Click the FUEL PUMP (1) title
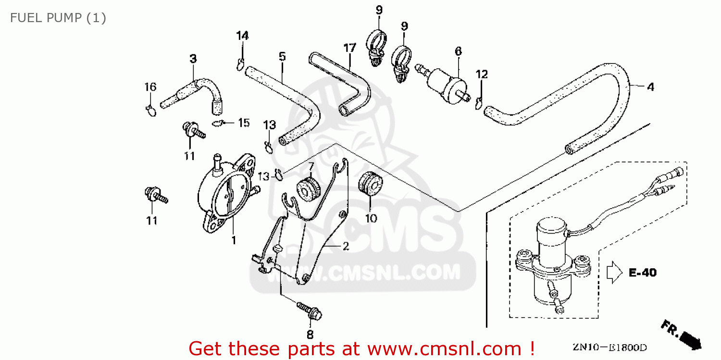coord(58,18)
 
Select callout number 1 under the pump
coord(234,240)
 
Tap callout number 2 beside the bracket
coord(346,246)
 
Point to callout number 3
coord(193,59)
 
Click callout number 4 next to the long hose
coord(650,87)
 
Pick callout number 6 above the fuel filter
coord(458,51)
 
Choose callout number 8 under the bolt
coord(310,335)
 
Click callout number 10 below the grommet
coord(371,218)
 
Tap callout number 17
coord(349,48)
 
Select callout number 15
coord(244,123)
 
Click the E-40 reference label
coord(643,273)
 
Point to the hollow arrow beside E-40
coord(615,272)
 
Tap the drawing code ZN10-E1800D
coord(609,347)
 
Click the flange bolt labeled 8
coord(310,311)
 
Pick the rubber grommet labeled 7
coord(309,190)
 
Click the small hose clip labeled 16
coord(150,111)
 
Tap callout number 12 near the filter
coord(482,74)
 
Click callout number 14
coord(242,36)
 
